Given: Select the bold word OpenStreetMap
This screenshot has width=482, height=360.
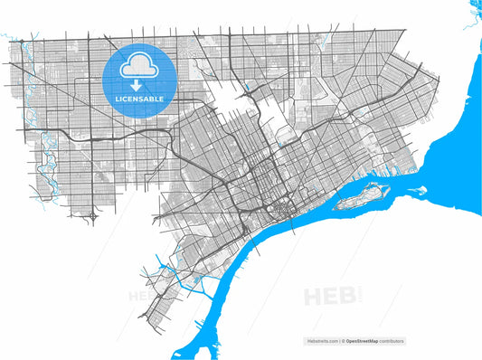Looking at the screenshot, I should (x=361, y=341).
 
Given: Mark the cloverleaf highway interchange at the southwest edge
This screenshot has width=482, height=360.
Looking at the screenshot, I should (x=95, y=217).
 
